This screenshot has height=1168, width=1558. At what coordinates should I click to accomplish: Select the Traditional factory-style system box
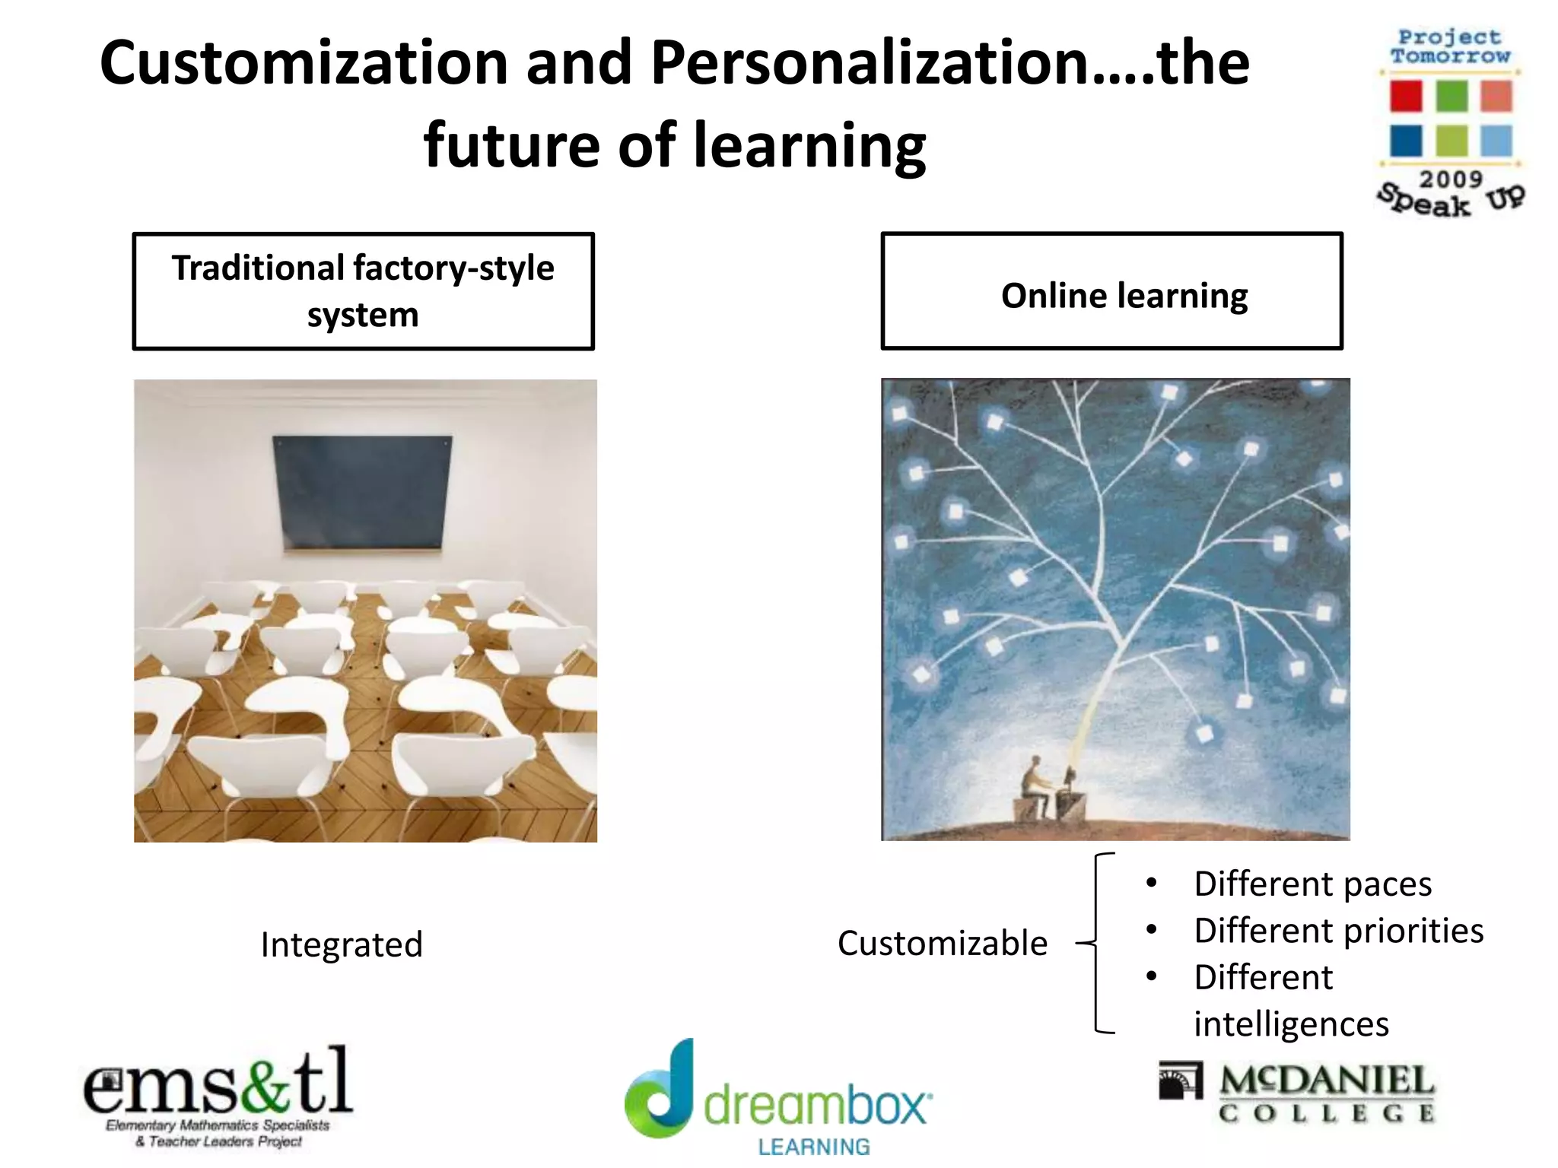coord(363,291)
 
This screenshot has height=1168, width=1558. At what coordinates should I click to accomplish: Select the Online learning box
coord(1111,291)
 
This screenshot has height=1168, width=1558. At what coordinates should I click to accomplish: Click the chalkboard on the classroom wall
coord(362,492)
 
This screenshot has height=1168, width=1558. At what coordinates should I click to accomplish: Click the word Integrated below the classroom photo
coord(342,945)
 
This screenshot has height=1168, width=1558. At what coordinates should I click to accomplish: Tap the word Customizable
coord(943,944)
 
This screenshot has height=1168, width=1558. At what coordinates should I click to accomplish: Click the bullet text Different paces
coord(1312,884)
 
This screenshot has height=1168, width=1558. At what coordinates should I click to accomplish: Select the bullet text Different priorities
coord(1338,931)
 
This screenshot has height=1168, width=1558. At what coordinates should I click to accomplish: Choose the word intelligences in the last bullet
coord(1291,1024)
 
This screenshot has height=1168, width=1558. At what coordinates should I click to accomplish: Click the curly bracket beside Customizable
coord(1096,944)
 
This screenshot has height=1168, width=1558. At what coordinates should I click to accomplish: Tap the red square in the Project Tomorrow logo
coord(1405,97)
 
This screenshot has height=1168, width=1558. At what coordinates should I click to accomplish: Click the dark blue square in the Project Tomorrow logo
coord(1405,141)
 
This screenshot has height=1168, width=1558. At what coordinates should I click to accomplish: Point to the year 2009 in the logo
coord(1451,179)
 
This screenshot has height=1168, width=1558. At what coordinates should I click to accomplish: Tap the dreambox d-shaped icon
coord(660,1092)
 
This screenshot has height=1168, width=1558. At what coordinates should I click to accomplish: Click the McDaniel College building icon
coord(1180,1081)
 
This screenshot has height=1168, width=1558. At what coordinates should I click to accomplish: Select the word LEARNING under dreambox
coord(814,1146)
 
